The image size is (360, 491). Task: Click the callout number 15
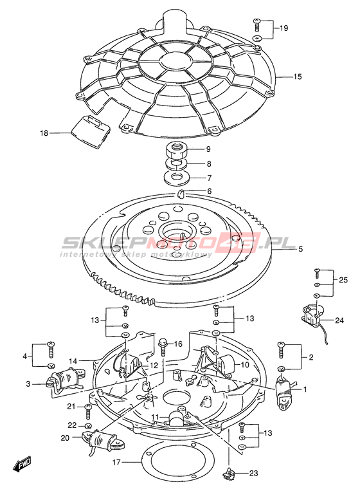pos(298,77)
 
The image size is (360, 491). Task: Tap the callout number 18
pos(44,133)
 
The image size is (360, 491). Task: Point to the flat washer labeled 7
pos(177,178)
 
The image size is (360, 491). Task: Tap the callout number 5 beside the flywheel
pos(301,249)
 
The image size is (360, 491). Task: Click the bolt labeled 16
pos(163,347)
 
